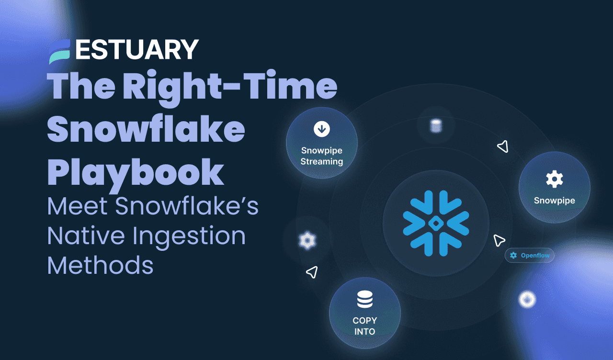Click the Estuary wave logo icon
60,51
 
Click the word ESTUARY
137,49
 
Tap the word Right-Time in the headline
230,87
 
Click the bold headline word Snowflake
146,129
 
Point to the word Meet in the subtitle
76,207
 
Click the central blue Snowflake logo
436,223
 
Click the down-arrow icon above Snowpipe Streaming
321,129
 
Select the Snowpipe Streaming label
321,156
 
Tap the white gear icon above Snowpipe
554,179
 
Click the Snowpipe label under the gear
554,201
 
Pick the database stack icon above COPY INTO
364,300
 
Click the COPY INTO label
364,326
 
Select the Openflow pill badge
529,255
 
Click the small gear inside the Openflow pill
513,255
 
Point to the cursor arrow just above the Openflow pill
499,240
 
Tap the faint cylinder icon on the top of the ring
435,126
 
